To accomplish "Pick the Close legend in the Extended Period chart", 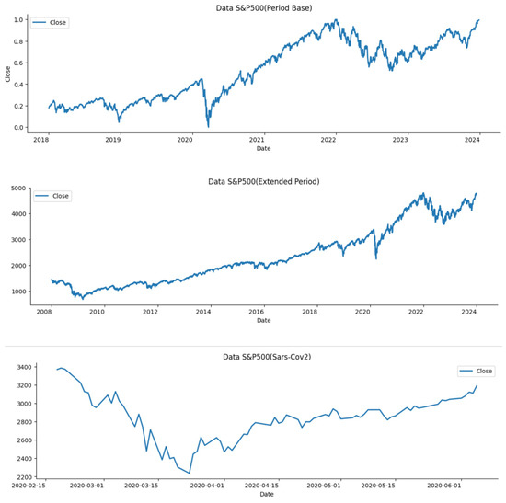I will (54, 196).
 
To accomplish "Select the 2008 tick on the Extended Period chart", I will (44, 313).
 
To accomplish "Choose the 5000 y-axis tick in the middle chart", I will (17, 188).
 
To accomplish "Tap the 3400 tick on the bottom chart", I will (17, 367).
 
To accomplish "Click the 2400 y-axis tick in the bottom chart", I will (17, 458).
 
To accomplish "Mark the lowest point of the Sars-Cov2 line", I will (190, 473).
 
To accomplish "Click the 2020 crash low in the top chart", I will (208, 126).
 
